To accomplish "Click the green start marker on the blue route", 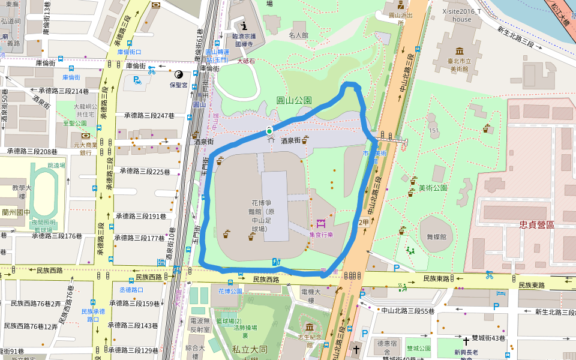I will [269, 131].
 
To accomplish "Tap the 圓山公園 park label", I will [294, 101].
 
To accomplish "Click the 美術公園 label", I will [433, 188].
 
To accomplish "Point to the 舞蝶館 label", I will [436, 237].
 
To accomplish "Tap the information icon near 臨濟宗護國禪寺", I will [244, 26].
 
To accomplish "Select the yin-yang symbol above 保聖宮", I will [178, 74].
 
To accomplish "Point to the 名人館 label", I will [298, 35].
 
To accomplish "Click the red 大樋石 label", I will [246, 61].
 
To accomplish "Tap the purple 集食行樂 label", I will [321, 235].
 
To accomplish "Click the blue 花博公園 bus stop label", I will [230, 291].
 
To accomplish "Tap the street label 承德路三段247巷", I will [149, 115].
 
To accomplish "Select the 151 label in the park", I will [434, 131].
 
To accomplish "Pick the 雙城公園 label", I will [419, 348].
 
